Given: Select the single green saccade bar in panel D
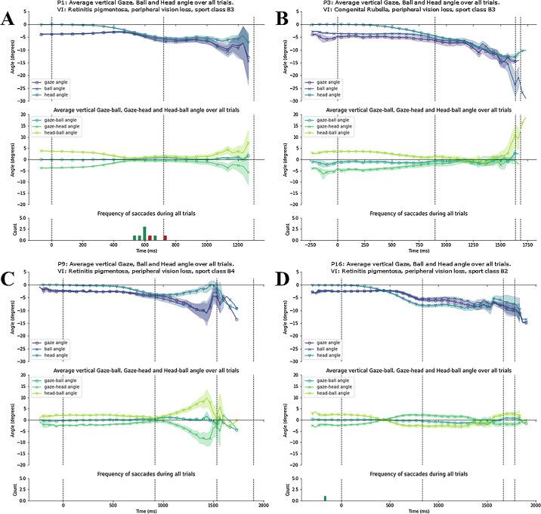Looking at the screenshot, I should pyautogui.click(x=325, y=498).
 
